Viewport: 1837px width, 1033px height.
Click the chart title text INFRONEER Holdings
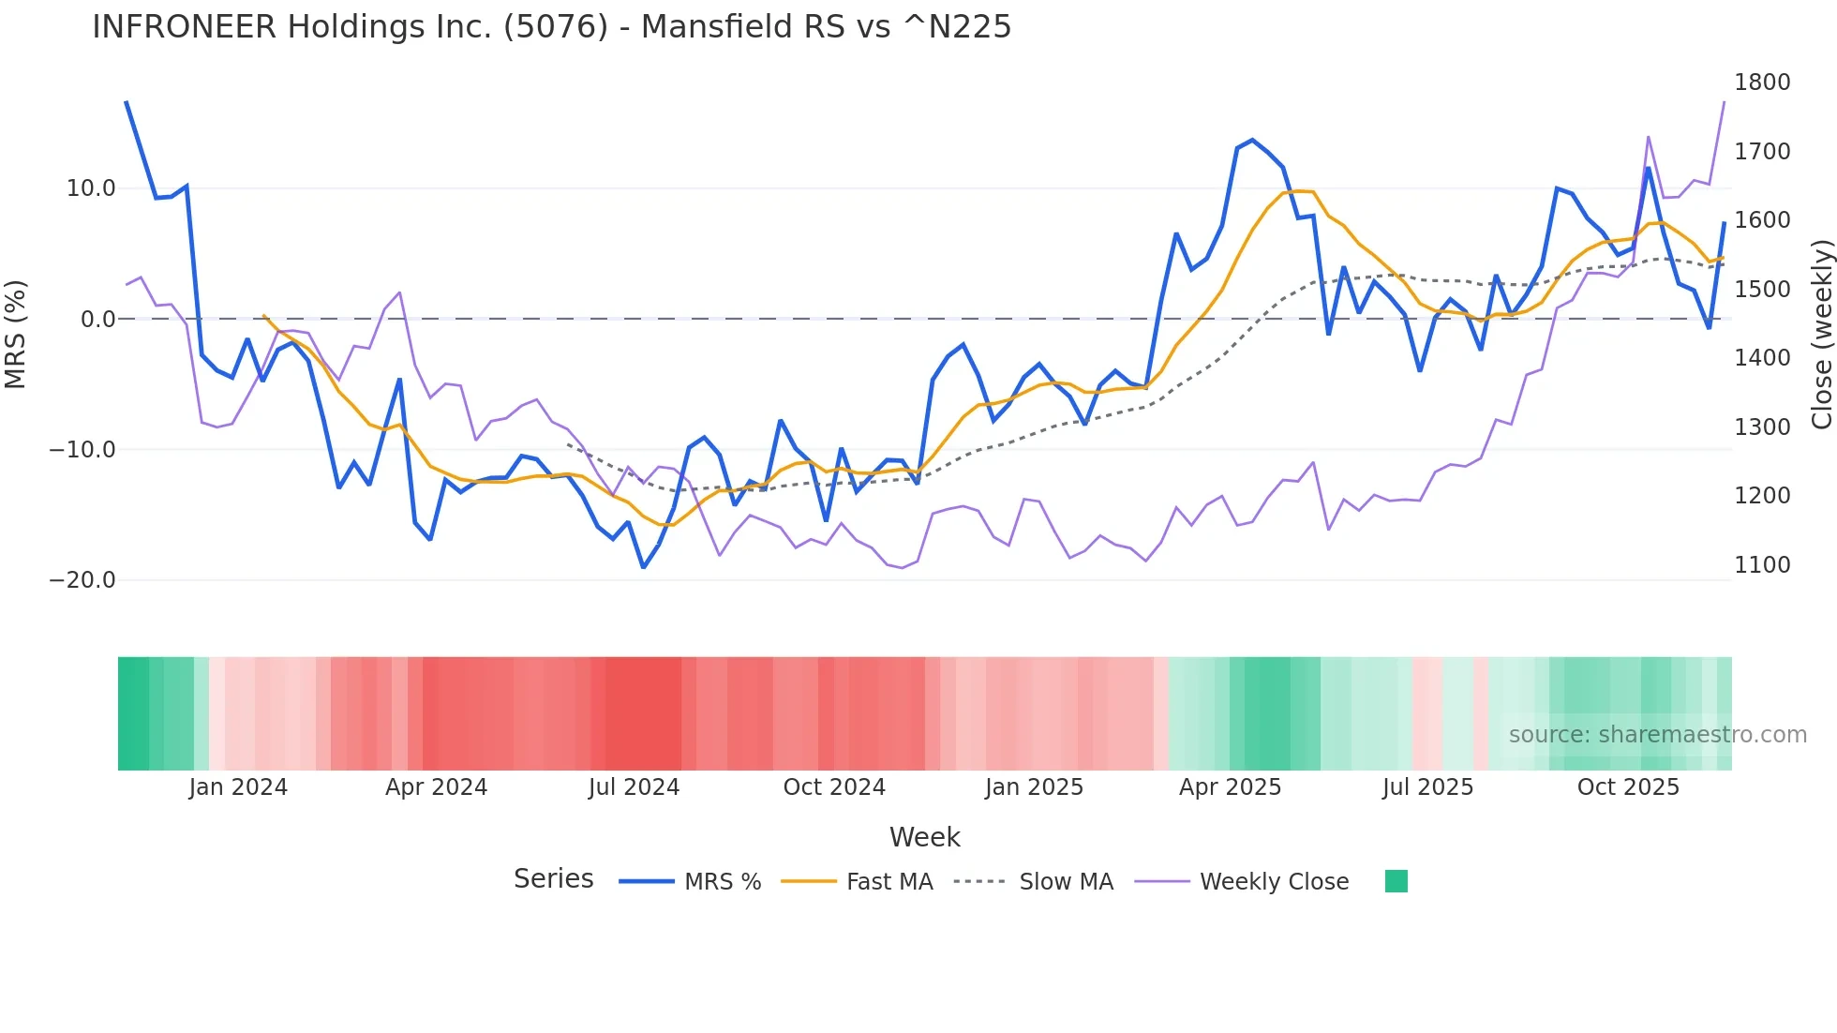[x=551, y=27]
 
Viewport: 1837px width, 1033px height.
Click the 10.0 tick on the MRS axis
[x=91, y=188]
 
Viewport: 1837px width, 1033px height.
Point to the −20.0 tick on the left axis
[x=83, y=580]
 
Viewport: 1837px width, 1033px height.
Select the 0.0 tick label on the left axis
[x=98, y=320]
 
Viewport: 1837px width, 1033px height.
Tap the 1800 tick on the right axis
[x=1762, y=82]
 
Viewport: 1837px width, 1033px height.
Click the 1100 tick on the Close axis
[x=1762, y=565]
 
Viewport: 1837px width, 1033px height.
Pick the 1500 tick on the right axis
[x=1762, y=290]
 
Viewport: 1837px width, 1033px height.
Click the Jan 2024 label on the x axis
[x=238, y=787]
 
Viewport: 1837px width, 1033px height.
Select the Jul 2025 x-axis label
[x=1427, y=787]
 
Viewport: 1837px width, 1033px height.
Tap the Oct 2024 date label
[x=834, y=787]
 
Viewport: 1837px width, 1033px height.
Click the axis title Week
[x=924, y=837]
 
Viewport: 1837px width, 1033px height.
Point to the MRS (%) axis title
[x=16, y=334]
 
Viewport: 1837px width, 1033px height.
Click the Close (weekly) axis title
[x=1821, y=334]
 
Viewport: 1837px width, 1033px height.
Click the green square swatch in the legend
[x=1396, y=881]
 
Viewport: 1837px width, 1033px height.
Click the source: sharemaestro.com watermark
[x=1657, y=735]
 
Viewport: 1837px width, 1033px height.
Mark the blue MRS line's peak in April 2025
[x=1252, y=140]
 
